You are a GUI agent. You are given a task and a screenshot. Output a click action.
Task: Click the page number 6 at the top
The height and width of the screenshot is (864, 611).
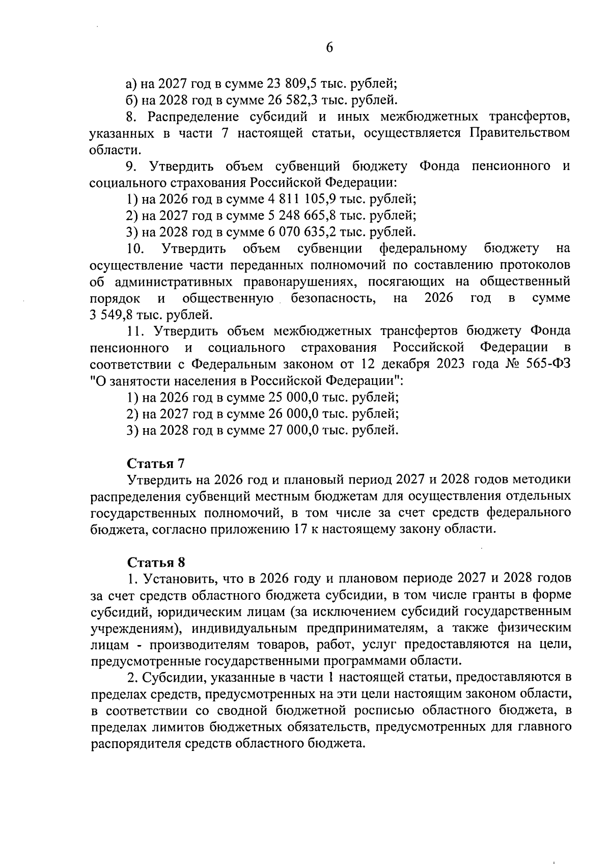pos(328,48)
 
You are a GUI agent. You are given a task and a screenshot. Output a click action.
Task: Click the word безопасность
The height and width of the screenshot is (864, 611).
pos(334,298)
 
